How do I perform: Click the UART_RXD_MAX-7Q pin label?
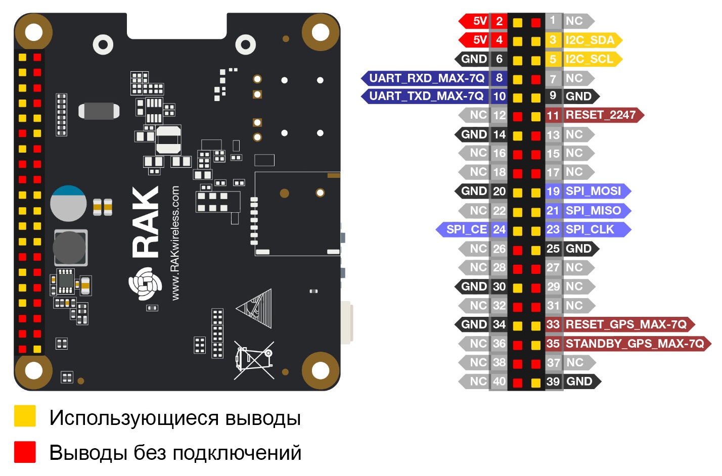[x=426, y=78]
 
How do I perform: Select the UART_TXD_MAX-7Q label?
[x=426, y=96]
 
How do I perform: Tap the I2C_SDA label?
[x=590, y=40]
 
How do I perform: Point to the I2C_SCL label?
[x=589, y=59]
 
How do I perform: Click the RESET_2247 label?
[x=601, y=115]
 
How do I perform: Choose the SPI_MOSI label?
[x=593, y=191]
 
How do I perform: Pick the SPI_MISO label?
[x=593, y=210]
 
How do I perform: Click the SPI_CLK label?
[x=590, y=229]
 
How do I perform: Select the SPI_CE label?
[x=466, y=229]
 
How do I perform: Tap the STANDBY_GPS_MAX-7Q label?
[x=635, y=344]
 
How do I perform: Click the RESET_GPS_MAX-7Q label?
[x=626, y=324]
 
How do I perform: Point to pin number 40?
[x=499, y=382]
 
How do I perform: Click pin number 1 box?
[x=553, y=21]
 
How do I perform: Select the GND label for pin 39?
[x=579, y=382]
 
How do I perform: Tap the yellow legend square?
[x=25, y=416]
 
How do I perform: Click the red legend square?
[x=25, y=452]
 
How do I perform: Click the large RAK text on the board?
[x=146, y=222]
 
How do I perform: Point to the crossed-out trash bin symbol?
[x=254, y=360]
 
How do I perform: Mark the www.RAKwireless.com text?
[x=175, y=243]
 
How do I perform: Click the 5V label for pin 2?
[x=480, y=21]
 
